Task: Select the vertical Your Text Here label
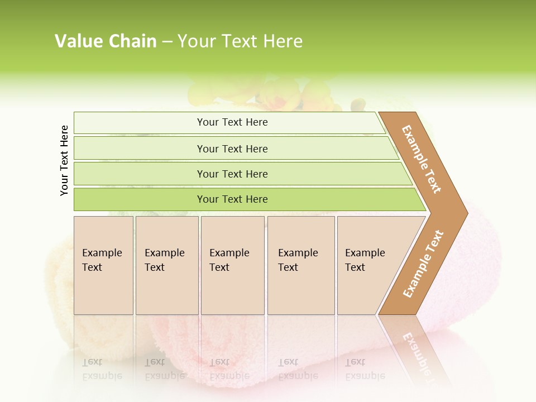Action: (64, 160)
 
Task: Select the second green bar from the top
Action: (232, 149)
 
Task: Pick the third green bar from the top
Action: (232, 174)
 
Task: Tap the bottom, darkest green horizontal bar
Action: (232, 199)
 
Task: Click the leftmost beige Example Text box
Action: (103, 265)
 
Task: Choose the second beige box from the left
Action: (166, 265)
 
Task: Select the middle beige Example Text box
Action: (232, 265)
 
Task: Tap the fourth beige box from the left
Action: (300, 265)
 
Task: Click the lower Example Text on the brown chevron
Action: (423, 264)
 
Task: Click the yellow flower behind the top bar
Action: (279, 92)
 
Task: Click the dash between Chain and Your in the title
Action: (167, 42)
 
